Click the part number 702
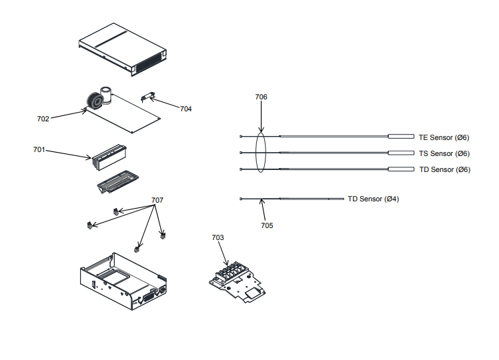pos(43,119)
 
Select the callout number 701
pos(39,149)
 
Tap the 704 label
pos(185,109)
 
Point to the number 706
pos(261,97)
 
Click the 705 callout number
pos(267,225)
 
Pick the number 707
pos(157,200)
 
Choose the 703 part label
pos(217,237)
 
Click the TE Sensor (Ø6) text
pos(444,137)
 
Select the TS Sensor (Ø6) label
pos(444,153)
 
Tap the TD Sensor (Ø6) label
pos(444,169)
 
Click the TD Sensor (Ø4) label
pos(373,199)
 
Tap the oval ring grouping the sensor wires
pos(261,153)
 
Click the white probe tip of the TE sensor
pos(401,137)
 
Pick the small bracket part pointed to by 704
pos(148,99)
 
